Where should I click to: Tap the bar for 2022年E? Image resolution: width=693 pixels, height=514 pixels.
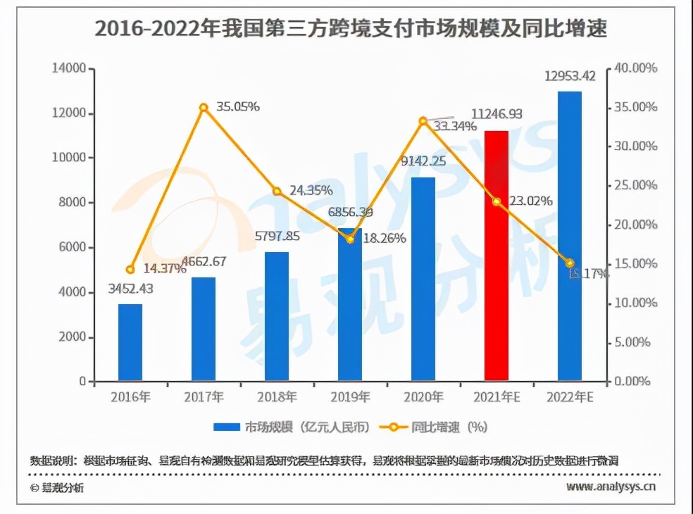pos(570,237)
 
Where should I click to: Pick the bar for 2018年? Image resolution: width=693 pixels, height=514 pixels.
pos(277,316)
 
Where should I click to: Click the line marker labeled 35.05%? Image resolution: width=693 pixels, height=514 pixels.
pos(204,108)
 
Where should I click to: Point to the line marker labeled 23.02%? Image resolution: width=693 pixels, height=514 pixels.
pos(497,201)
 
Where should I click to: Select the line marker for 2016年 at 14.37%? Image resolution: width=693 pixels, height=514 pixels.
pos(130,270)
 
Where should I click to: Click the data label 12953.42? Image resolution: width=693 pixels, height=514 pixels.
pos(570,76)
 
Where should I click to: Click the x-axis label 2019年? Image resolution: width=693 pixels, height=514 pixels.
pos(350,397)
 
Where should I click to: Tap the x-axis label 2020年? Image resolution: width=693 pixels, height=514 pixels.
pos(423,397)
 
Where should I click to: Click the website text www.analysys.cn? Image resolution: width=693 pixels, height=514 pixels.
pos(611,486)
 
